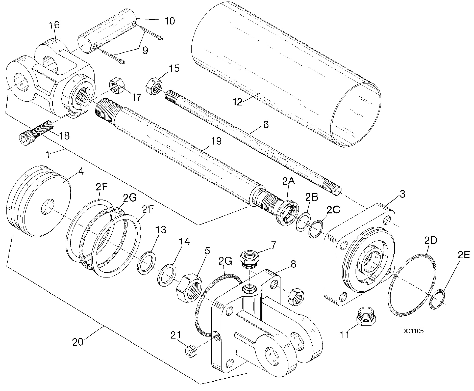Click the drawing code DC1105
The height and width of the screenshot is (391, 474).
click(412, 331)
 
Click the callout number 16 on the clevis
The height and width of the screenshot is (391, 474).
click(54, 25)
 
